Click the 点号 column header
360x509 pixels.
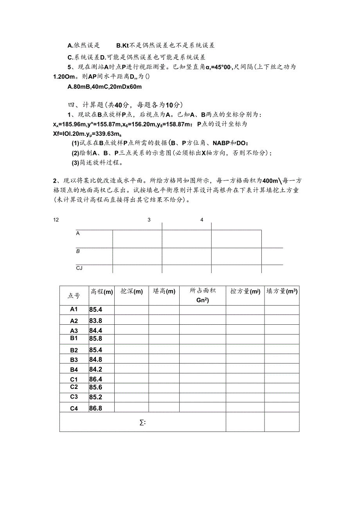74,295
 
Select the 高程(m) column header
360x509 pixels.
102,291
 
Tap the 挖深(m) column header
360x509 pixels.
131,291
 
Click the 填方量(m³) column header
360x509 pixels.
282,291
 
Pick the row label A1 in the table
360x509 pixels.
74,309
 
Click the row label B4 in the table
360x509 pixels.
74,369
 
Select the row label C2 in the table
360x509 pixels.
74,387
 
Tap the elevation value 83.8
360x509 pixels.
96,321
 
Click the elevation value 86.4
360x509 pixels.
96,379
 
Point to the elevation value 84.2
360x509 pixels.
96,369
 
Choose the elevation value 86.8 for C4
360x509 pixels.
96,408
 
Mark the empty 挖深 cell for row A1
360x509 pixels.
131,309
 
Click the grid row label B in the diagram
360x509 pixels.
78,251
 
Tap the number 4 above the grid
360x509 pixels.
202,220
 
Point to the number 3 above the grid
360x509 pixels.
149,220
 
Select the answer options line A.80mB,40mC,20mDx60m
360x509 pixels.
104,86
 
